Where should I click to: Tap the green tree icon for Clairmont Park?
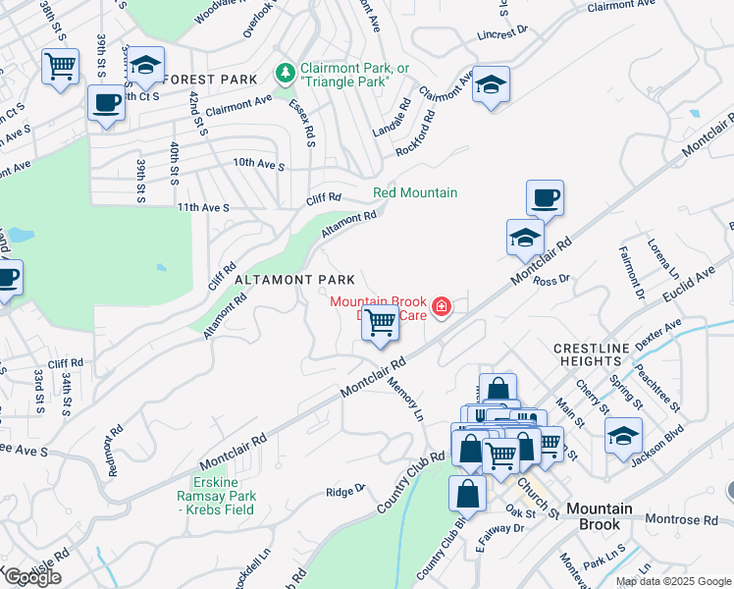286,73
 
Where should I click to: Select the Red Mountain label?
415,192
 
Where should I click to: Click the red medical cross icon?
442,308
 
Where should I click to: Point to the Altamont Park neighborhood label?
280,280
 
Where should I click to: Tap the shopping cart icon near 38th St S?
61,68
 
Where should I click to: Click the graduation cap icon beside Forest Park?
145,66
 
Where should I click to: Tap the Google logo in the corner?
32,577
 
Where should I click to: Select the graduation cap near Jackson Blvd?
623,434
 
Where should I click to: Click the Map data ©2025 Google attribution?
673,581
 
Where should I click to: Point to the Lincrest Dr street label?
504,34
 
